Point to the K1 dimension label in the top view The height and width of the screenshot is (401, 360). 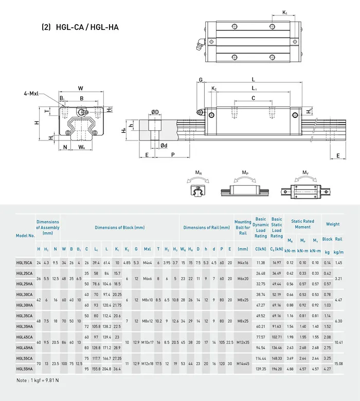click(284, 12)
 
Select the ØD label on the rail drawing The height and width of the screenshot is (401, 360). click(155, 113)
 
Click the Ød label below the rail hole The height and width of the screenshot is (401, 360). click(164, 146)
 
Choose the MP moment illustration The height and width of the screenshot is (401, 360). click(245, 186)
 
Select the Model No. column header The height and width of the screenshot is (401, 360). click(25, 235)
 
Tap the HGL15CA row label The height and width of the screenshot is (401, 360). click(24, 263)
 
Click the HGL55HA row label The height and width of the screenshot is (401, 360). click(24, 368)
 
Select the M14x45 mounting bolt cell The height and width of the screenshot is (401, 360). click(243, 363)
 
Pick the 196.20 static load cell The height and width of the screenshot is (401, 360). click(277, 368)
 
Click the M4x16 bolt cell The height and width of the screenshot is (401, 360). click(243, 263)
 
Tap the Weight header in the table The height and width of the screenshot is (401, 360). click(332, 224)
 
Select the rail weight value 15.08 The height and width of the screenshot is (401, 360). click(339, 363)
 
